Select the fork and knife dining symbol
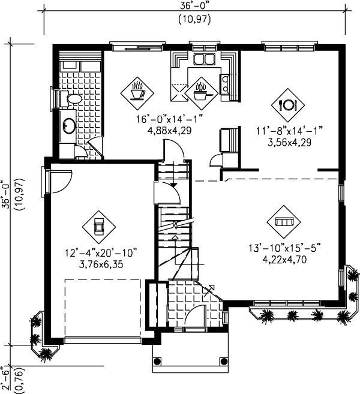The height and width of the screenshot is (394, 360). pyautogui.click(x=287, y=104)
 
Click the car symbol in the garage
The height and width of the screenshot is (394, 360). pyautogui.click(x=99, y=227)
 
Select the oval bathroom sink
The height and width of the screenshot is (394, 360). pyautogui.click(x=69, y=126)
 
